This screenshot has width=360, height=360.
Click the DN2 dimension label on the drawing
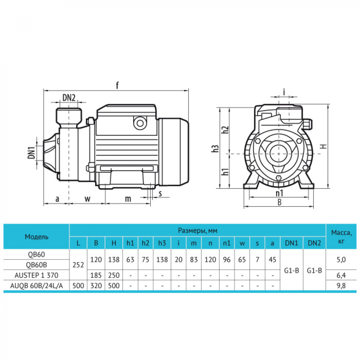69,97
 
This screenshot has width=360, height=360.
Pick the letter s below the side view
160,193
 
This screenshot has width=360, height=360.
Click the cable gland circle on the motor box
139,123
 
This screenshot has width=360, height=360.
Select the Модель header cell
36,237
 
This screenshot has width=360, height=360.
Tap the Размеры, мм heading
198,230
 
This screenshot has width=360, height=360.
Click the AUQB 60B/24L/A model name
36,286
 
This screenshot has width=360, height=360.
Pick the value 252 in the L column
78,265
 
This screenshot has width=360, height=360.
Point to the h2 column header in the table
145,243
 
